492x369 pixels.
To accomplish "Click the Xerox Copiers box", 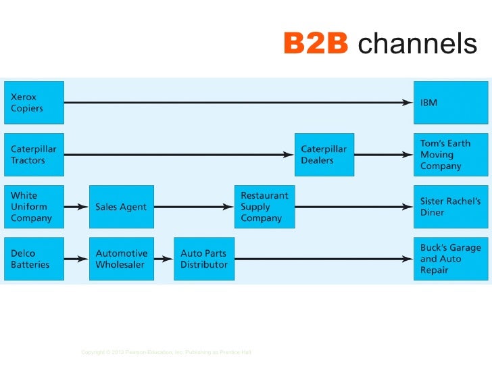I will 34,103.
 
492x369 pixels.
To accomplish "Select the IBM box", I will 450,103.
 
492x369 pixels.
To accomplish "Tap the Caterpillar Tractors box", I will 34,155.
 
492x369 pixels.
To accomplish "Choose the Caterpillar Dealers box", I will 324,155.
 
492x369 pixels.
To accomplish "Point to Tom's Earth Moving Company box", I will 450,155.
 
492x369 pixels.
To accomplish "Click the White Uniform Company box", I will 34,207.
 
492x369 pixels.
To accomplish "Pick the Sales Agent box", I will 121,207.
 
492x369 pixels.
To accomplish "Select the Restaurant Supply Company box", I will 265,207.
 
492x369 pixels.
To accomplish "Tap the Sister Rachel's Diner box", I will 450,207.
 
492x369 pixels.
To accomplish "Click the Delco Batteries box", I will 34,259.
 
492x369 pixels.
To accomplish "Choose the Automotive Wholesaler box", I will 121,259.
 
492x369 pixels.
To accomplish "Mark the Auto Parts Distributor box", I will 204,259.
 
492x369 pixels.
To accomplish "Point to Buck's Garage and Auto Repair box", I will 450,259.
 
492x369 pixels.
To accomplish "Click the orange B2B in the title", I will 316,45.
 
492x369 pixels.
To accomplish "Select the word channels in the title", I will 417,45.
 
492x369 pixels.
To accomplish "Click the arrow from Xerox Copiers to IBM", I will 237,103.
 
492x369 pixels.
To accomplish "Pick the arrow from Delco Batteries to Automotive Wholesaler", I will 76,259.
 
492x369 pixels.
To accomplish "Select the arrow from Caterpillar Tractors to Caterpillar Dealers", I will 179,155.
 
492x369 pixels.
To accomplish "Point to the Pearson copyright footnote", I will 166,352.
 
